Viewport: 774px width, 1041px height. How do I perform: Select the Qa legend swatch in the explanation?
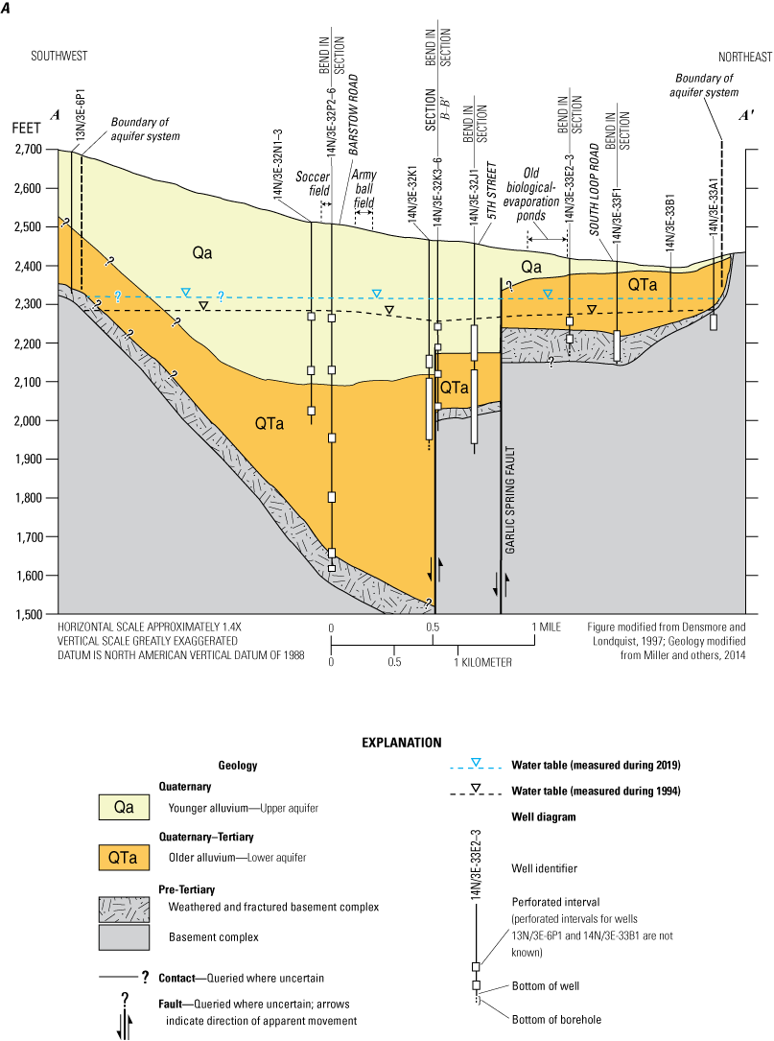coord(124,807)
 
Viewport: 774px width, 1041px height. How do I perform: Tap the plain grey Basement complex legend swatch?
coord(124,934)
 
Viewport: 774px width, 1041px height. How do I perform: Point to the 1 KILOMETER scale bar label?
coord(470,662)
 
